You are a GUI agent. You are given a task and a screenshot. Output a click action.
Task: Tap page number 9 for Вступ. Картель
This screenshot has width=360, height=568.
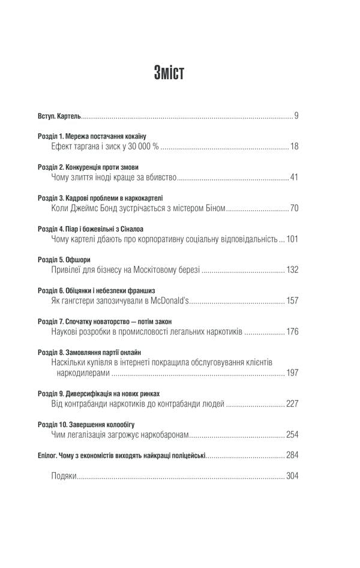[296, 115]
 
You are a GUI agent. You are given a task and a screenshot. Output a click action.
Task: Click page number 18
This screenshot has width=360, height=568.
[294, 146]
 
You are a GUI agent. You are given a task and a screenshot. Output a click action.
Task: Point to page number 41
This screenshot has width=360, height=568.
[294, 178]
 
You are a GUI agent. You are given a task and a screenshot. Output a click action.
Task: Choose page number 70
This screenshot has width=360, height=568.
[294, 209]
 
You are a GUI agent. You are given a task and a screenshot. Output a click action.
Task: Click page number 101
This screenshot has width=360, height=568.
[292, 240]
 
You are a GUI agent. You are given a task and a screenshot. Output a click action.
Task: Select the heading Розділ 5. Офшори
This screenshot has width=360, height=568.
[65, 260]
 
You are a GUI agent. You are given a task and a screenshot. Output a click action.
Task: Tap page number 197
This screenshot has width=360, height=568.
[292, 374]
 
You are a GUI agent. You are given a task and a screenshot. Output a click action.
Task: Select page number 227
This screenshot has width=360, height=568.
[292, 404]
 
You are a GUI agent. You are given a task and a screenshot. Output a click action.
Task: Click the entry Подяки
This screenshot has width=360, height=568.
[65, 477]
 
